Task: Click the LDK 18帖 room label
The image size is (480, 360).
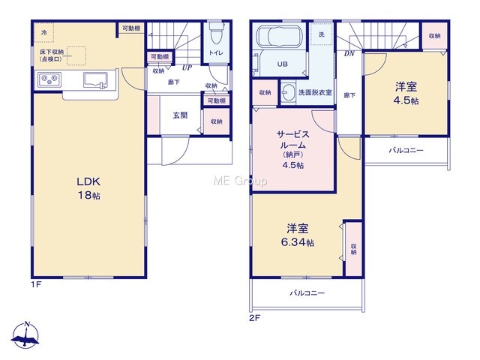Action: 88,188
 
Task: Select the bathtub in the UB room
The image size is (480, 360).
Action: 278,36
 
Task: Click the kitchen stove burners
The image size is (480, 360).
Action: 49,79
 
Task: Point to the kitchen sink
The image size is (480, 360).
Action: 96,80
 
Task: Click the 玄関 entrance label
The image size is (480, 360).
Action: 180,115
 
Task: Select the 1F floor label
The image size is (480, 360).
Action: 35,284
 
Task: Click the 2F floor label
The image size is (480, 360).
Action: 254,318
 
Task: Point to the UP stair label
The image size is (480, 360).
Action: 187,67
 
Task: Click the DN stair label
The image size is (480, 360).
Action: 349,54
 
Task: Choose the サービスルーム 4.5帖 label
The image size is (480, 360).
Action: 293,149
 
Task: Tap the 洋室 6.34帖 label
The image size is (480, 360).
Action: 298,235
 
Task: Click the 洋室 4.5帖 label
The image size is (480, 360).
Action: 406,93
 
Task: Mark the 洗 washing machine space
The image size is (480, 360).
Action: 322,34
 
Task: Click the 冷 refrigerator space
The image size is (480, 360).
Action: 44,32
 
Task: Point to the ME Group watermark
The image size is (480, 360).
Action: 240,181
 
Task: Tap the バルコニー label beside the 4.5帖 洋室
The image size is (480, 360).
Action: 406,150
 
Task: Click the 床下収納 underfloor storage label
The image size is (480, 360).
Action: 52,55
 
